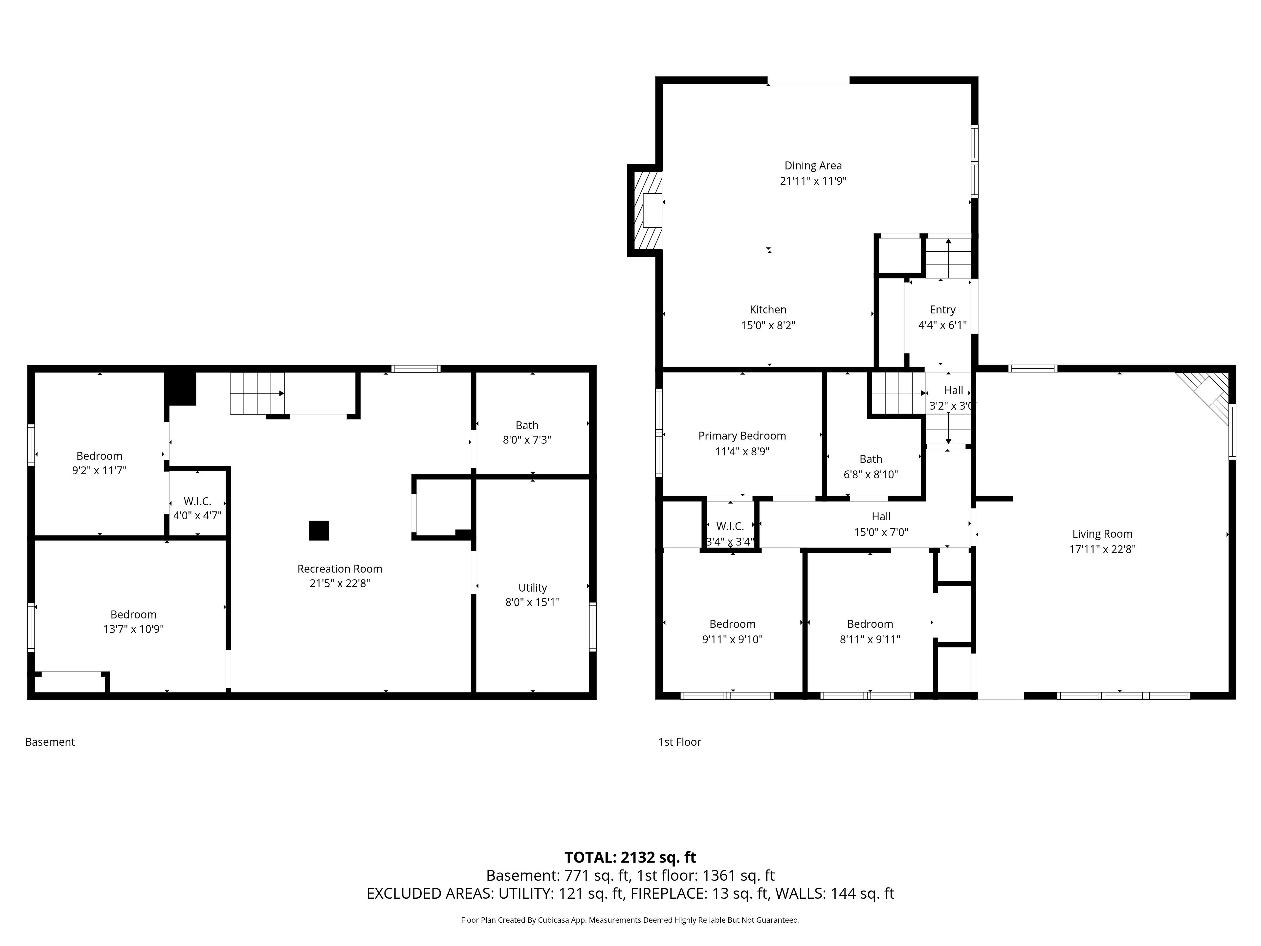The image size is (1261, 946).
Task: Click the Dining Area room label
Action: tap(813, 165)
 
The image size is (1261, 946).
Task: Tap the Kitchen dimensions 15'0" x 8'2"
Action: tap(768, 326)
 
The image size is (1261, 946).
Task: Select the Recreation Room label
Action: tap(340, 569)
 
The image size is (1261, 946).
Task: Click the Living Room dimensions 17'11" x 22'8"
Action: tap(1102, 549)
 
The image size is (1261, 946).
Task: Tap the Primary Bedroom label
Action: tap(742, 436)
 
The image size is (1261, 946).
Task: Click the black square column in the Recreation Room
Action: tap(319, 530)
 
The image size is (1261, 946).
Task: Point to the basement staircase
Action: tap(257, 394)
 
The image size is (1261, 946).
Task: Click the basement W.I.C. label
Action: tap(197, 501)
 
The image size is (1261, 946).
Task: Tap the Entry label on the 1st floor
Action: tap(942, 310)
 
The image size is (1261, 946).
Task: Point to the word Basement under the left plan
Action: tap(50, 742)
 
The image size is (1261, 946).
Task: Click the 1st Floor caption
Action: tap(679, 742)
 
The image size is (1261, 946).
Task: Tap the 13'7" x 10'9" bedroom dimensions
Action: tap(133, 629)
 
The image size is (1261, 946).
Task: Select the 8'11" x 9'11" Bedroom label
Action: tap(870, 624)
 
